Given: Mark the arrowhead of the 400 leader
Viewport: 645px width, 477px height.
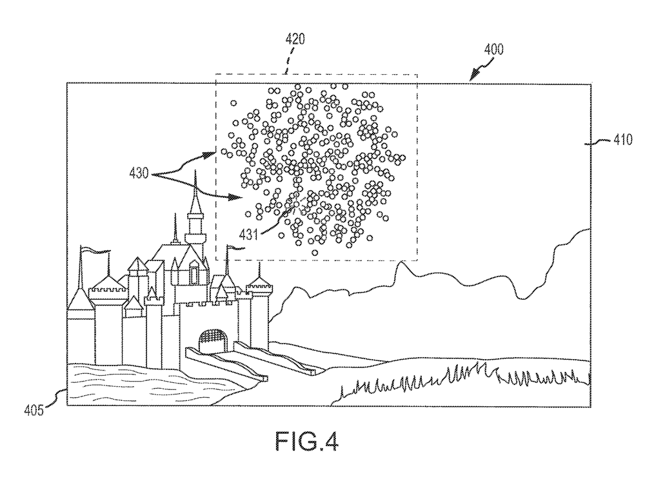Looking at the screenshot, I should [x=472, y=77].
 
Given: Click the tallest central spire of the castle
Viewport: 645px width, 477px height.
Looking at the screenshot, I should [x=192, y=200].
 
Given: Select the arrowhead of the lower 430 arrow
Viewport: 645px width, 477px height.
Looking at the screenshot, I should [x=237, y=198].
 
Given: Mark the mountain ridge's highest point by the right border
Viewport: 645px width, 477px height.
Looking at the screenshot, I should [x=588, y=230].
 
